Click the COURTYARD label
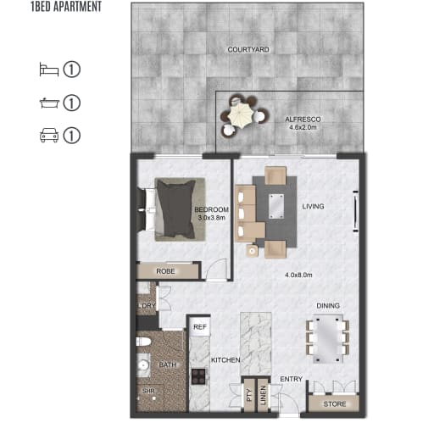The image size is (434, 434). click(248, 50)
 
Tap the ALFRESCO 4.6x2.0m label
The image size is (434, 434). click(303, 123)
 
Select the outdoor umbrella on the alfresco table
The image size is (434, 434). click(241, 115)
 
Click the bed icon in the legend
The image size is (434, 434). click(49, 70)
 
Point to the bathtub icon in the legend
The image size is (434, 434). click(49, 103)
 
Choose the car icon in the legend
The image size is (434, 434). click(49, 135)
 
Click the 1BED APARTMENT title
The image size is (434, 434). click(66, 7)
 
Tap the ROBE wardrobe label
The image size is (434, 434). click(165, 271)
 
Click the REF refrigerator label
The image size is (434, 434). click(200, 327)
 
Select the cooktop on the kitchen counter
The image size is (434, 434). click(198, 376)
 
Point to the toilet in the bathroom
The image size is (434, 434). click(144, 342)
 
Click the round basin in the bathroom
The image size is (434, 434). click(143, 366)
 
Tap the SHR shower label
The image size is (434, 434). click(148, 391)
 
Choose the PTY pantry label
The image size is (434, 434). click(249, 395)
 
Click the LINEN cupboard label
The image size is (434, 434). click(263, 395)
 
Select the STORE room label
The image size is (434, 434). click(335, 404)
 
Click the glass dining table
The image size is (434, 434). click(327, 338)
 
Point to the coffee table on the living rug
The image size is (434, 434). click(276, 206)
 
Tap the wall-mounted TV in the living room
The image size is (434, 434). click(356, 211)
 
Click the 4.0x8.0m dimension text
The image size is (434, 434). click(298, 275)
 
